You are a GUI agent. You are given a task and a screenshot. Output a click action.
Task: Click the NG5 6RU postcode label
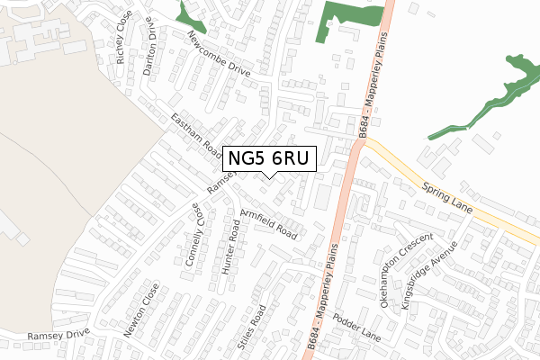tap(269, 159)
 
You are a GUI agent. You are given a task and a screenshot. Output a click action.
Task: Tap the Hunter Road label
tap(230, 243)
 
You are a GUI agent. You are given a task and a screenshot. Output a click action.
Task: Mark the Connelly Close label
tap(194, 233)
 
